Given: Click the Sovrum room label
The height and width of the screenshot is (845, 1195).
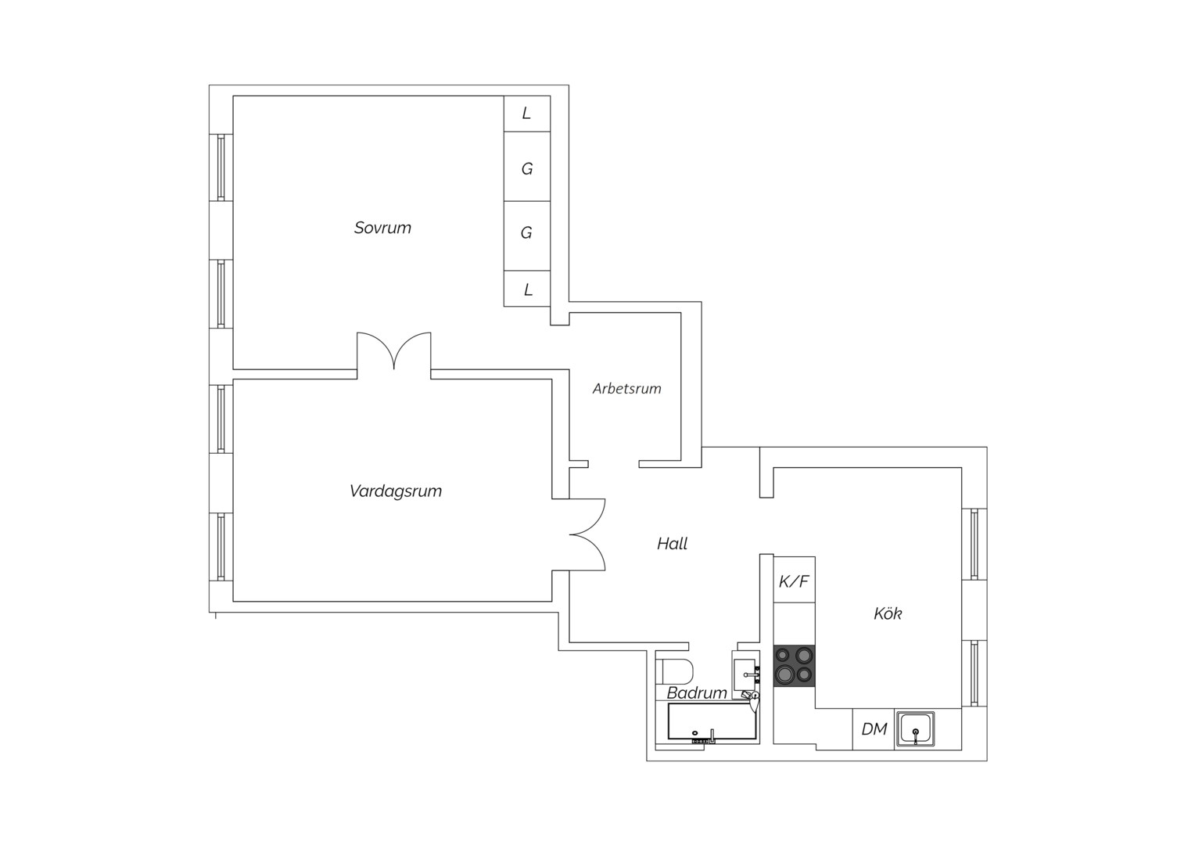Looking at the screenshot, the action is (x=382, y=228).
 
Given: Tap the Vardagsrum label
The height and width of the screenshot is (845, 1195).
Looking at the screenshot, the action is (x=396, y=491).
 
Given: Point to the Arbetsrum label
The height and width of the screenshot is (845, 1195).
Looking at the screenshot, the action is (x=627, y=389).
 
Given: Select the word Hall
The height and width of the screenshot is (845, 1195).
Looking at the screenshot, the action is (x=673, y=544).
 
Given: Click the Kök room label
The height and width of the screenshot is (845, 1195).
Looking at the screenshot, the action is (x=888, y=614).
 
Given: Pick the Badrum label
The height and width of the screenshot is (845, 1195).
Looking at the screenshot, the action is (x=697, y=693).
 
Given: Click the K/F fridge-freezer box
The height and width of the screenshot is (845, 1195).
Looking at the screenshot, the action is (x=795, y=580).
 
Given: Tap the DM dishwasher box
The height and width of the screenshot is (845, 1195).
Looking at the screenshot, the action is (x=874, y=729).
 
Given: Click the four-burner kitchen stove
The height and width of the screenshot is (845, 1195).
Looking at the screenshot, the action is (x=795, y=666).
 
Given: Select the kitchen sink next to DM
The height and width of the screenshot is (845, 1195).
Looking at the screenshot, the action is (x=916, y=729).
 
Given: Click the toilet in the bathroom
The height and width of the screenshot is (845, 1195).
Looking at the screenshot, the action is (x=675, y=671).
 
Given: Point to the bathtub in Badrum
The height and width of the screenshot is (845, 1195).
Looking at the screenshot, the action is (x=712, y=722).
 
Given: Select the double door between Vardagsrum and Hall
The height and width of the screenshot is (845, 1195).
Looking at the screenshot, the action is (x=587, y=534).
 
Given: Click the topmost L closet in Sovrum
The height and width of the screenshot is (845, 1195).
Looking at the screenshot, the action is (x=527, y=113).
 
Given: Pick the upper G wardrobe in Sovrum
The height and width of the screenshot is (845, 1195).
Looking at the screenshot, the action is (x=527, y=167).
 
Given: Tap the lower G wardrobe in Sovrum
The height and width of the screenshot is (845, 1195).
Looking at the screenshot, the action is (x=527, y=236).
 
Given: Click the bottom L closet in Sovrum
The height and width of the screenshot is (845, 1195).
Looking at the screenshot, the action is (x=527, y=289).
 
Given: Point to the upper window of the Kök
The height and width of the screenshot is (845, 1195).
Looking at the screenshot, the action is (x=974, y=544).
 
